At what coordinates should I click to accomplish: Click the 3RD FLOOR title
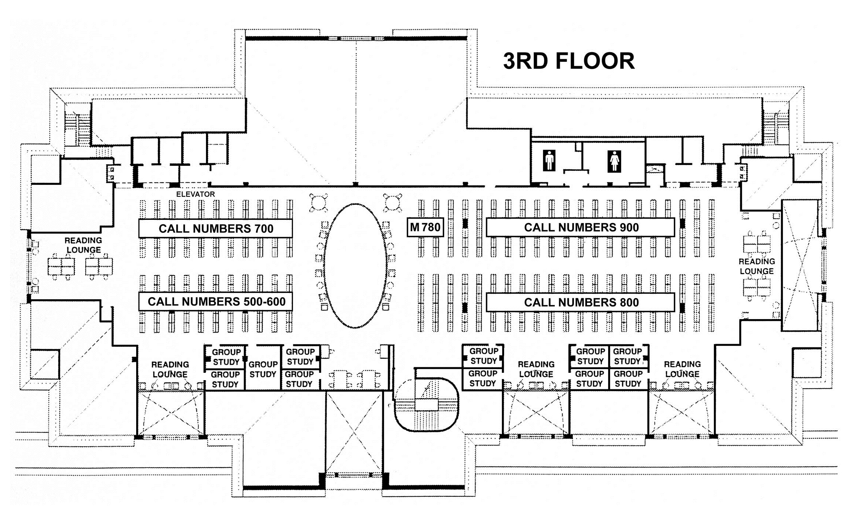point(569,61)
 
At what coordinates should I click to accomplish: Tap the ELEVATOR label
point(195,194)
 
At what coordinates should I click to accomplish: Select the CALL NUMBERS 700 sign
point(216,228)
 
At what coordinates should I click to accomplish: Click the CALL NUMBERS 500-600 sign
point(216,301)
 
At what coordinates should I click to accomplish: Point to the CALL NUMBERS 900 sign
point(581,227)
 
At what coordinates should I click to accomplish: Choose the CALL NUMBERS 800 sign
point(581,302)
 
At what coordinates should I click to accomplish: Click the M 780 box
point(425,227)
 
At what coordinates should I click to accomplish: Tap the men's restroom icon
point(549,160)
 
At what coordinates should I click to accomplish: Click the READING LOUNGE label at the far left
point(84,245)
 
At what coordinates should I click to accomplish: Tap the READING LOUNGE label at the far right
point(756,266)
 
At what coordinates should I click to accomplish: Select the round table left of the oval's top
point(319,203)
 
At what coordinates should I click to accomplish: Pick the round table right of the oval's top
point(393,203)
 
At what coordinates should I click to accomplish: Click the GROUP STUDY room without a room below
point(263,369)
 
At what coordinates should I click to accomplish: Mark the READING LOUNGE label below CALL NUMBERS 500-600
point(170,369)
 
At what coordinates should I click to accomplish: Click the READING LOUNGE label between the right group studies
point(536,369)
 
